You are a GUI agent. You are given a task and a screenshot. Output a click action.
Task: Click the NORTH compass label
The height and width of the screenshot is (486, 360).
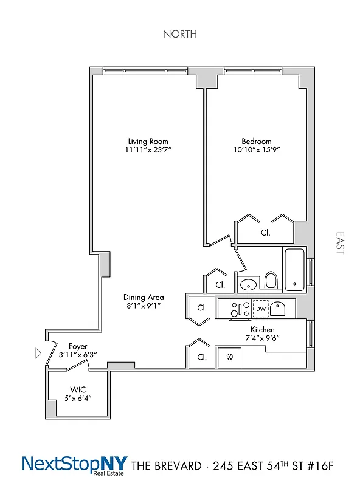179,34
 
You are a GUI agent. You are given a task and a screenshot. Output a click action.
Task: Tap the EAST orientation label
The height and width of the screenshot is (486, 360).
339,242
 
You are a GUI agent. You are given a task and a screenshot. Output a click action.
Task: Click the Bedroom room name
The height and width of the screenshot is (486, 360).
252,142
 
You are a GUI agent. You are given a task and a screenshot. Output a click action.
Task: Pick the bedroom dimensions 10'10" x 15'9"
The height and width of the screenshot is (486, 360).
252,150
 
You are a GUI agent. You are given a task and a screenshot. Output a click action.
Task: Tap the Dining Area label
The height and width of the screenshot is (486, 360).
144,298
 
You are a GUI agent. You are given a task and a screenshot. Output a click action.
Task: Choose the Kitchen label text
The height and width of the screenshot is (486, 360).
260,330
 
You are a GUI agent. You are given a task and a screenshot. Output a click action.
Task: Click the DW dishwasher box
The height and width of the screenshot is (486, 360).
260,309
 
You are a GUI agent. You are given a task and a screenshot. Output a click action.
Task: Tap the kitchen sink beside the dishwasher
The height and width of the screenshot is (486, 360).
279,309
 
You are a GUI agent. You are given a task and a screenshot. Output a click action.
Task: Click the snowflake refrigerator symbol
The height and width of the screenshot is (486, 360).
230,357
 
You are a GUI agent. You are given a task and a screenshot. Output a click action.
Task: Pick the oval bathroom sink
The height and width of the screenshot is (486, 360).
248,284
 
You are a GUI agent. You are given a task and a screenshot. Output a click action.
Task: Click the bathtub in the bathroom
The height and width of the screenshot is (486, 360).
296,269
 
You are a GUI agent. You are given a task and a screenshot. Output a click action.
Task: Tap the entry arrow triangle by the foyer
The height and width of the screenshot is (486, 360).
38,353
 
